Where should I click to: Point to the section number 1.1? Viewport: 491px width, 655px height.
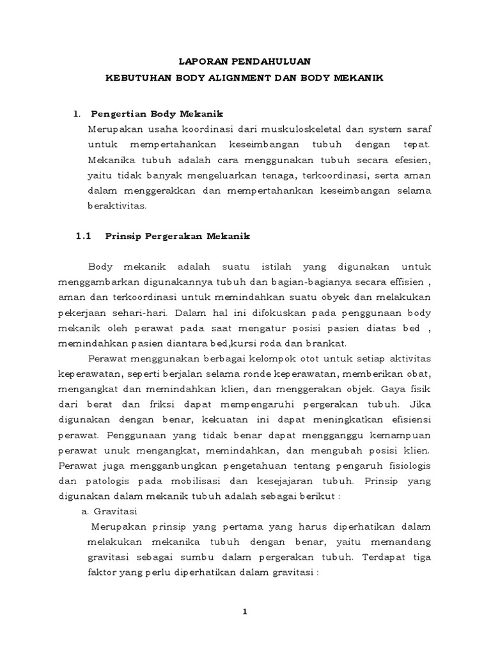[x=84, y=236]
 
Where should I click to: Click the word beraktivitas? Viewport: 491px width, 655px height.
[x=116, y=206]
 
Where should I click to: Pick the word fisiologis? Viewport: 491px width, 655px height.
[x=407, y=467]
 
